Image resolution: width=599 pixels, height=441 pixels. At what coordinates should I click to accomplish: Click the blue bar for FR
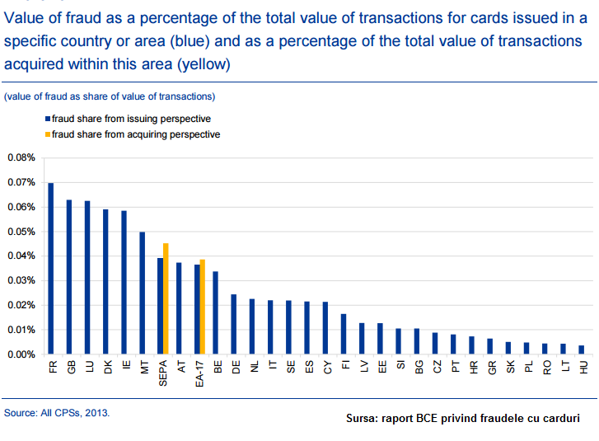[x=51, y=268]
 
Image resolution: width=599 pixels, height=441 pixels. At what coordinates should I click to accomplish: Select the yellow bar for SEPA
[x=166, y=298]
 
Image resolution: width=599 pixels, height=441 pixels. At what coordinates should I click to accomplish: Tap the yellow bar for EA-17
[x=203, y=307]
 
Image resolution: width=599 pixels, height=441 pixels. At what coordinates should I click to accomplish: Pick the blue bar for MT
[x=142, y=293]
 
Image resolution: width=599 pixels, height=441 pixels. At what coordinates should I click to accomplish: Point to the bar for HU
[x=582, y=350]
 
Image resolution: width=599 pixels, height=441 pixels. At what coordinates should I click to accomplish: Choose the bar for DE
[x=234, y=324]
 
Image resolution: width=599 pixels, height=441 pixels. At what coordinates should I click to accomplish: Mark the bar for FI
[x=344, y=334]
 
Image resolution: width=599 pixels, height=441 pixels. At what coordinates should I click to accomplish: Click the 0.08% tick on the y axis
[x=21, y=157]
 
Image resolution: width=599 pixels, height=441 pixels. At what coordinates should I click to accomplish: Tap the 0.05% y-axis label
[x=21, y=232]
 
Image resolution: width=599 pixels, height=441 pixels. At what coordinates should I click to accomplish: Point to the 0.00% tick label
[x=21, y=354]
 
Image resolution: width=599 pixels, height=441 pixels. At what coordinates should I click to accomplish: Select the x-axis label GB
[x=72, y=368]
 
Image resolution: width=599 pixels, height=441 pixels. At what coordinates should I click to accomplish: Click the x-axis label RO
[x=547, y=368]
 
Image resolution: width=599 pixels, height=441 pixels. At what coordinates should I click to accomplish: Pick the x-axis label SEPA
[x=163, y=373]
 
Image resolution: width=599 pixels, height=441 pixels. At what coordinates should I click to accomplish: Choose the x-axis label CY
[x=327, y=368]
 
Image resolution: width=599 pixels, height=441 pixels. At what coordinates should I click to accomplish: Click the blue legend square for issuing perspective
[x=48, y=119]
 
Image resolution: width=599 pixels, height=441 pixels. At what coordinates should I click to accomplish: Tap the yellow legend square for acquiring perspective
[x=48, y=134]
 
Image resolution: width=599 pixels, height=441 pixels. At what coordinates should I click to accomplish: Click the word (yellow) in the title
[x=204, y=64]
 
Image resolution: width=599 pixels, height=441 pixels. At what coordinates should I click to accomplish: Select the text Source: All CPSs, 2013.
[x=57, y=413]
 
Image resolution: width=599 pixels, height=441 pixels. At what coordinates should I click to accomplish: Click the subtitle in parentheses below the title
[x=110, y=96]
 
